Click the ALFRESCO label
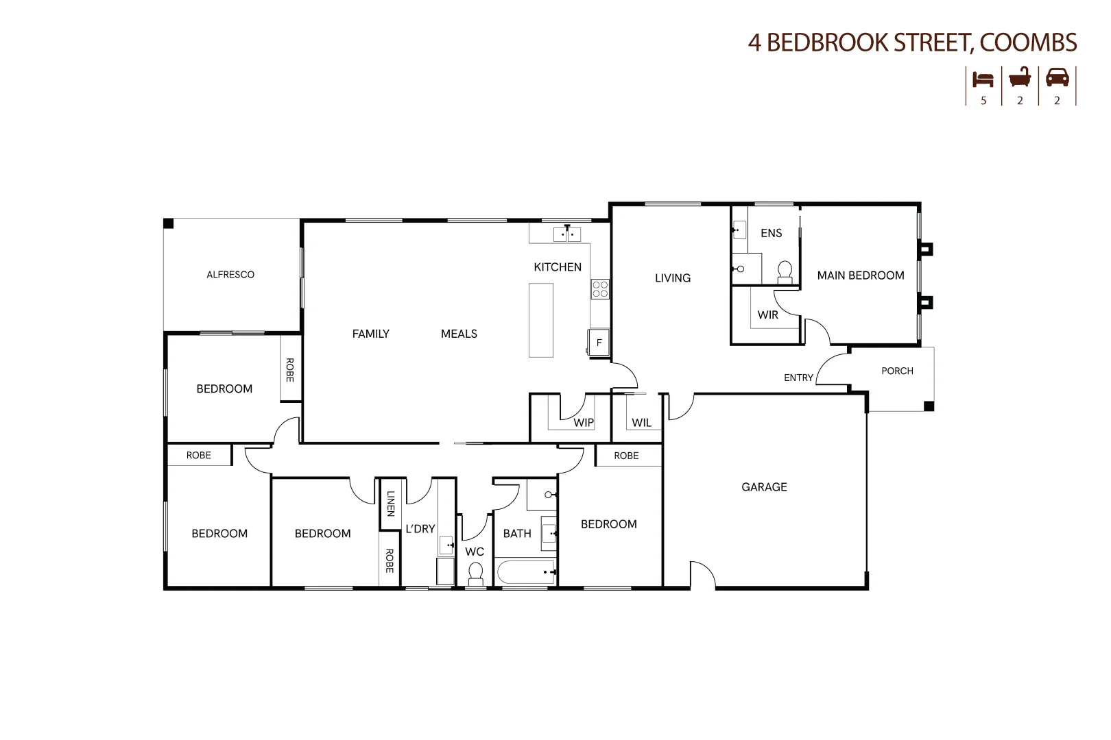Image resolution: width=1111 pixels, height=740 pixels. click(230, 275)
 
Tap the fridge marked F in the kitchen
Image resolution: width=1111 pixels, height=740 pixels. click(599, 342)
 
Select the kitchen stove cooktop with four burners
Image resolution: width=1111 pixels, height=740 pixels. click(600, 289)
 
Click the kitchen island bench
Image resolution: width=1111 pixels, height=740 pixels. click(541, 320)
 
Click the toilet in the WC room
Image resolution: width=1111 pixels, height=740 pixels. click(475, 573)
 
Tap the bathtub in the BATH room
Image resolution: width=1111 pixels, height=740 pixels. click(525, 572)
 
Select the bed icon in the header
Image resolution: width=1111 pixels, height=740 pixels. click(983, 79)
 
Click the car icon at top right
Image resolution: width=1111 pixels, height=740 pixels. click(1057, 77)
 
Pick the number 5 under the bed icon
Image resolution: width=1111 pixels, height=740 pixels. click(983, 101)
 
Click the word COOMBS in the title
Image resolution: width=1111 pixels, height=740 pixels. click(1028, 42)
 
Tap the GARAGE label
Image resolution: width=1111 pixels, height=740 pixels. click(764, 487)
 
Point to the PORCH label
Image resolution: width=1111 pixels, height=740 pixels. click(897, 371)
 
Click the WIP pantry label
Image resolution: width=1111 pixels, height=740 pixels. click(584, 423)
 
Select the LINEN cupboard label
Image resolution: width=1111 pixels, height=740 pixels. click(390, 504)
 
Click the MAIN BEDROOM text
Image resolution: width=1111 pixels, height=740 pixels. click(861, 275)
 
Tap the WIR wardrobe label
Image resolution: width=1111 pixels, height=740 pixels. click(767, 315)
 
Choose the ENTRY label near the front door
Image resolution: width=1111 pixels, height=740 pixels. click(798, 378)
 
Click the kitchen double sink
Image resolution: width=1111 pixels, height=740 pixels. click(567, 235)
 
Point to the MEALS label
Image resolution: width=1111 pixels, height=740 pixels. click(459, 334)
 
